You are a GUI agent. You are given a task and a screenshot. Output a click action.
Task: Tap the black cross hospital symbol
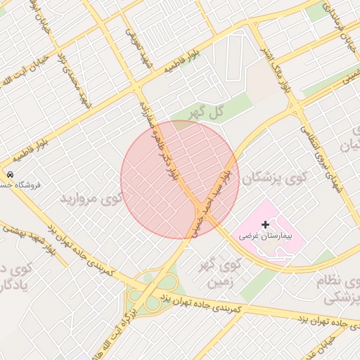pos(264,223)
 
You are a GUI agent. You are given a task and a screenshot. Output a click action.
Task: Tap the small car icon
pos(10,174)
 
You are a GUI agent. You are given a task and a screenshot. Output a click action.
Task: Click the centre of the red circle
pos(180,179)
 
